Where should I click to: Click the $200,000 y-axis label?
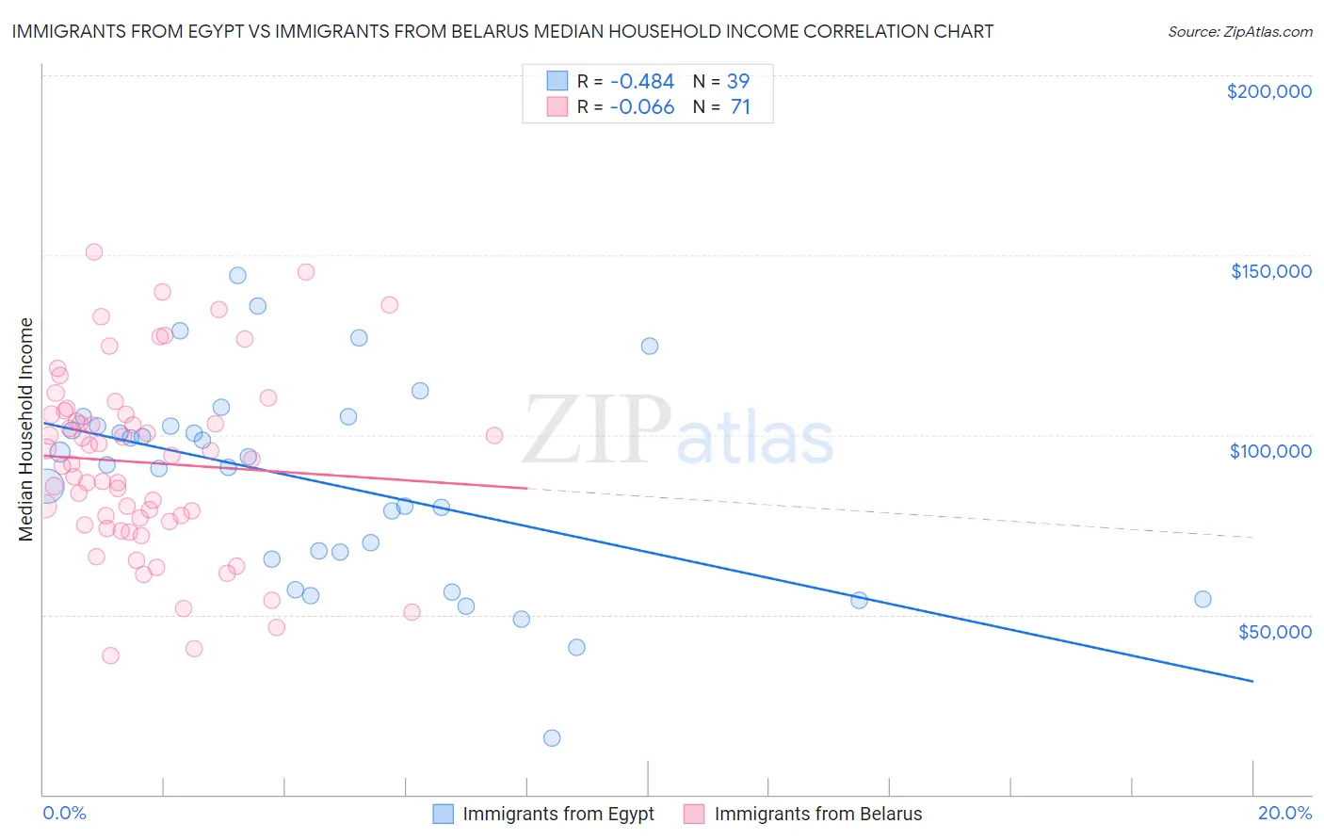tap(1268, 91)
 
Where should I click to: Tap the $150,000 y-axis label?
tap(1270, 271)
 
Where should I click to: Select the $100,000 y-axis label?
tap(1270, 451)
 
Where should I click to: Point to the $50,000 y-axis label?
tap(1274, 631)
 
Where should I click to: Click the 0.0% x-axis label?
tap(65, 813)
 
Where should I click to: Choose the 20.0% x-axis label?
tap(1284, 813)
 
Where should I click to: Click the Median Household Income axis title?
tap(26, 429)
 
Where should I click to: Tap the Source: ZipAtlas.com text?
tap(1239, 32)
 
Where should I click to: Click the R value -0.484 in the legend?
tap(642, 81)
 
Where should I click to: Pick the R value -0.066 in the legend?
tap(642, 107)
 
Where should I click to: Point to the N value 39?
tap(738, 81)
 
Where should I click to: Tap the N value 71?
tap(740, 107)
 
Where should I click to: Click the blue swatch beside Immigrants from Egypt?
tap(444, 814)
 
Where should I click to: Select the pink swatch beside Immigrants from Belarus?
tap(695, 814)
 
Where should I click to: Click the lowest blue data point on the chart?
tap(552, 738)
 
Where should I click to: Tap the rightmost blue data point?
tap(1203, 599)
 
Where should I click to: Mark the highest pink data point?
tap(94, 251)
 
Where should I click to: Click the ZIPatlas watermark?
tap(678, 431)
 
